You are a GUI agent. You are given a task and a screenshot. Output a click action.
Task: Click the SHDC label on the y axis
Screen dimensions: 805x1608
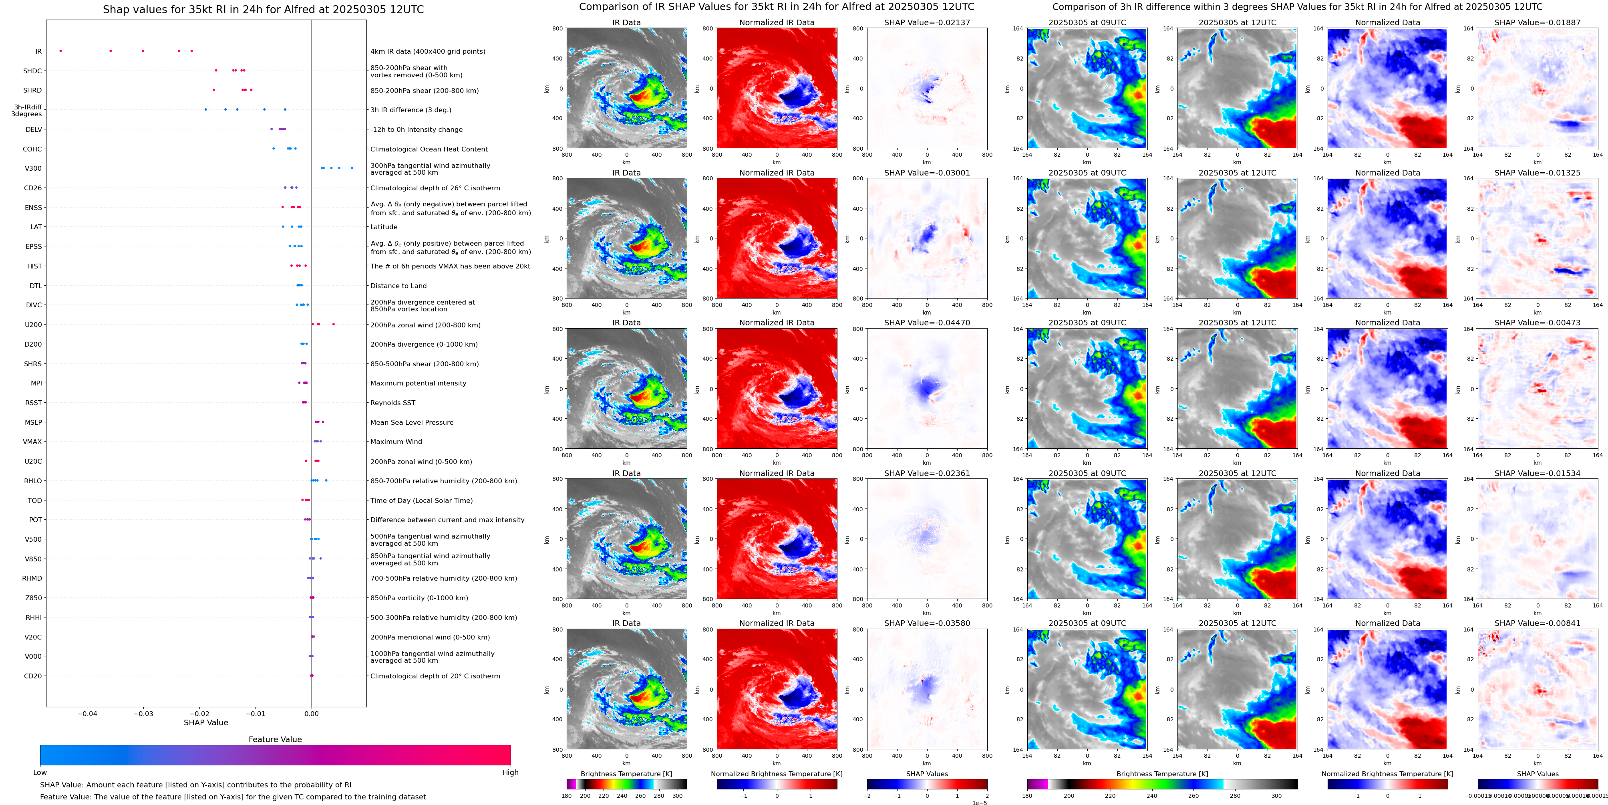click(x=32, y=71)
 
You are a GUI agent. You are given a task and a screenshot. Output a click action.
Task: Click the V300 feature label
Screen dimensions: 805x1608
click(x=33, y=169)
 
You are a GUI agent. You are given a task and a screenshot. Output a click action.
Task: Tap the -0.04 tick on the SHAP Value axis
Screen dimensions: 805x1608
click(x=87, y=713)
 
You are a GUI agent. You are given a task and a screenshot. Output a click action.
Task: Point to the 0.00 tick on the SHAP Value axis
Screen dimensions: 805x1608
click(x=312, y=713)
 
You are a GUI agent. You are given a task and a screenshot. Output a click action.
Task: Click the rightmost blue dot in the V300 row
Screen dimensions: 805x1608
click(x=352, y=168)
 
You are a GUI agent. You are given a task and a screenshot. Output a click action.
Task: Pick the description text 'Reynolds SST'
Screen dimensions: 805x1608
click(x=392, y=403)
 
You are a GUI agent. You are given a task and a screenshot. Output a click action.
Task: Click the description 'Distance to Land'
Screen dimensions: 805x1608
click(x=398, y=286)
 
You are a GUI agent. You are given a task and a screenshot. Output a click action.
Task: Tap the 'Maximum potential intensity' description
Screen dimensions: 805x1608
click(x=418, y=383)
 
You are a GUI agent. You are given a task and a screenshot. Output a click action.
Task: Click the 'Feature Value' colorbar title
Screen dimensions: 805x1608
click(x=275, y=739)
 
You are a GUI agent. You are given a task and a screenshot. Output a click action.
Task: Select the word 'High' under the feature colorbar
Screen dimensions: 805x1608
click(x=511, y=773)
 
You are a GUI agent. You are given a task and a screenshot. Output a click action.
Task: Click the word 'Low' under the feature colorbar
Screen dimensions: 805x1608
click(x=40, y=773)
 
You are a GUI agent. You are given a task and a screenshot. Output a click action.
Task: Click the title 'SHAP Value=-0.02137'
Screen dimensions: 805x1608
click(x=927, y=22)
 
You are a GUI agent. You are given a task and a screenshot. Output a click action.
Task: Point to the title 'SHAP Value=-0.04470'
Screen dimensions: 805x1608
click(x=927, y=323)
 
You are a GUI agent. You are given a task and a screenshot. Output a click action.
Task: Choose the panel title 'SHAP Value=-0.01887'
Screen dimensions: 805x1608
click(x=1538, y=22)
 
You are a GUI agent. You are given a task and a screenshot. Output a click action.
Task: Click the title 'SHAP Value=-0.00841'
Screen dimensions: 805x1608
click(x=1538, y=623)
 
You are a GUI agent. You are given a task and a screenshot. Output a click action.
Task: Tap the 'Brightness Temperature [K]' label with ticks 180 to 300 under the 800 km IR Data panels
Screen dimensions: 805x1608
click(x=626, y=774)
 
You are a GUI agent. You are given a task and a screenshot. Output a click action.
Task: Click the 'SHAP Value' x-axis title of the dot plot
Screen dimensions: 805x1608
click(x=206, y=722)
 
